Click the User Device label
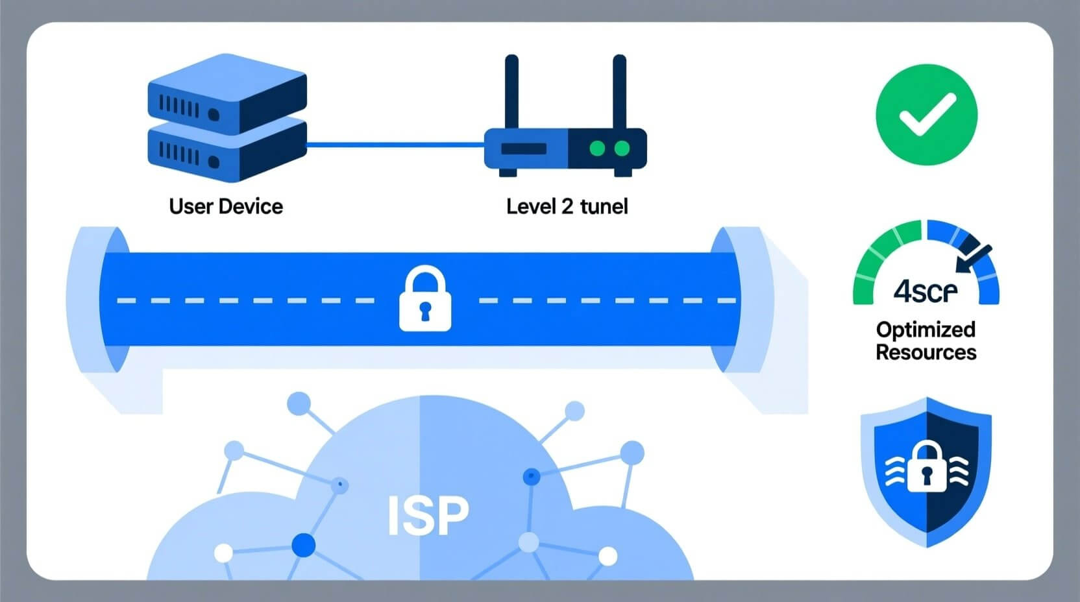[x=226, y=206]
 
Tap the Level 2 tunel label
[x=567, y=206]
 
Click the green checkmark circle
[x=926, y=115]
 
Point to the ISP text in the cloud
[x=428, y=516]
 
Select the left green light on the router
[x=597, y=149]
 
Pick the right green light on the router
[x=622, y=149]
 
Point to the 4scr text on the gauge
[x=925, y=291]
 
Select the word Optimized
[x=926, y=330]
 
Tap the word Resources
[x=926, y=352]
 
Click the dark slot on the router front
[x=523, y=149]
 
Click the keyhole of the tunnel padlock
[x=425, y=310]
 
